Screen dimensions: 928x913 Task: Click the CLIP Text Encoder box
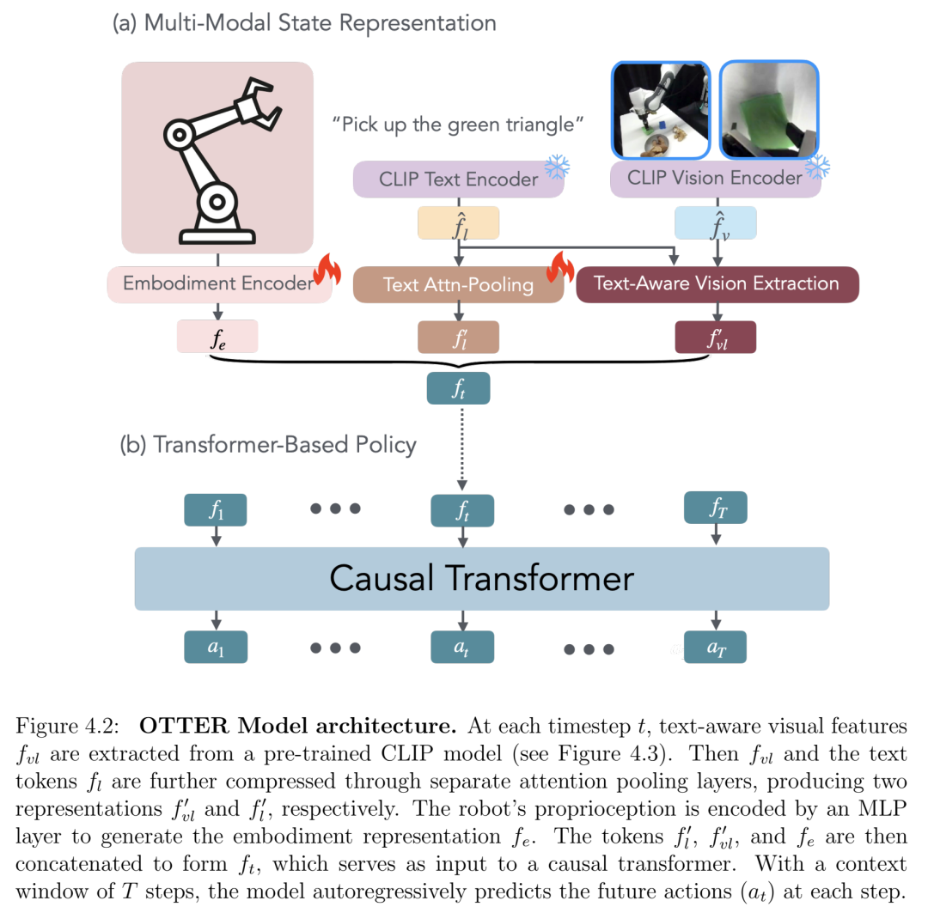(458, 179)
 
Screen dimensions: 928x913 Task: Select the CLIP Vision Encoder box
(715, 178)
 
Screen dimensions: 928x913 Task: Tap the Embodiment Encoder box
(219, 284)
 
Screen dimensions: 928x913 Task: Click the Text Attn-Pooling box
(458, 284)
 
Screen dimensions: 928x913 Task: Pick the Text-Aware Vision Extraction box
(717, 284)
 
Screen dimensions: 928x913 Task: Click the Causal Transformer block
(482, 579)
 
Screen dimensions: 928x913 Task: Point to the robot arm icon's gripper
(259, 104)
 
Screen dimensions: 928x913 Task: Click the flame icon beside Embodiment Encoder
(327, 269)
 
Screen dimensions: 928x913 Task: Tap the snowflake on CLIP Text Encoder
(557, 167)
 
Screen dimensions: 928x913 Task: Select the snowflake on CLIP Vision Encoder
(817, 167)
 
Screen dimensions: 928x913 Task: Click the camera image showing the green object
(769, 110)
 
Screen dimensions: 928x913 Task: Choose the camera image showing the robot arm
(661, 110)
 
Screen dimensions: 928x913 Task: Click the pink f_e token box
(217, 337)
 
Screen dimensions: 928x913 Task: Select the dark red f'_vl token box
(716, 338)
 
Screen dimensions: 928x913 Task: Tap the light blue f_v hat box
(716, 223)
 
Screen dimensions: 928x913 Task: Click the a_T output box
(715, 647)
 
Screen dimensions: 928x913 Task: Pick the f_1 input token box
(216, 509)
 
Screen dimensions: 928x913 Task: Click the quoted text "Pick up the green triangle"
(457, 125)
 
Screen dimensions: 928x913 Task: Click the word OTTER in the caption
(184, 726)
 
